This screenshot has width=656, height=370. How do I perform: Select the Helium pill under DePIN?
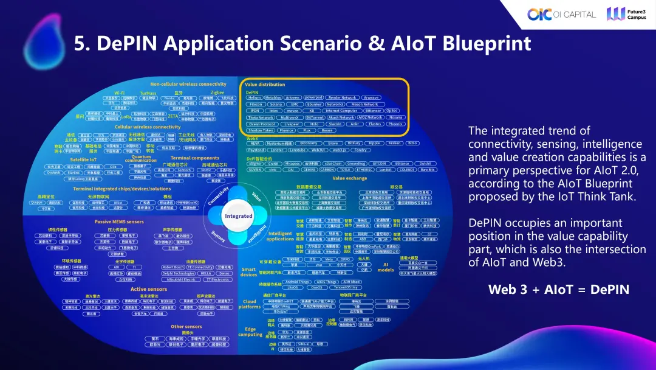[254, 97]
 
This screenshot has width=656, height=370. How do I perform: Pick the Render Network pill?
[341, 97]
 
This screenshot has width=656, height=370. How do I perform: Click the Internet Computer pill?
[341, 111]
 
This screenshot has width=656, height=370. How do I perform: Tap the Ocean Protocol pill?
[262, 124]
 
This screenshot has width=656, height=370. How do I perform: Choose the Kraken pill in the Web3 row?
[394, 143]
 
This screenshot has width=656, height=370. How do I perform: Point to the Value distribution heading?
[265, 85]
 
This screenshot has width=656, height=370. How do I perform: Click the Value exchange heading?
[349, 178]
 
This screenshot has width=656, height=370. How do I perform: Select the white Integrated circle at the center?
[238, 216]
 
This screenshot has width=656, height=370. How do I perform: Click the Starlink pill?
[74, 173]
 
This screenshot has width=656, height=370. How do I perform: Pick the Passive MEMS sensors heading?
[118, 222]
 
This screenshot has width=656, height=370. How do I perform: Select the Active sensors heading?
[148, 289]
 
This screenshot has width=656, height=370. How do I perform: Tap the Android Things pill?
[298, 282]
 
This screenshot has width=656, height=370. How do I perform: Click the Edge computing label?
[250, 331]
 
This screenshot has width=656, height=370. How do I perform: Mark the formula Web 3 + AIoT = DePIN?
[559, 290]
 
